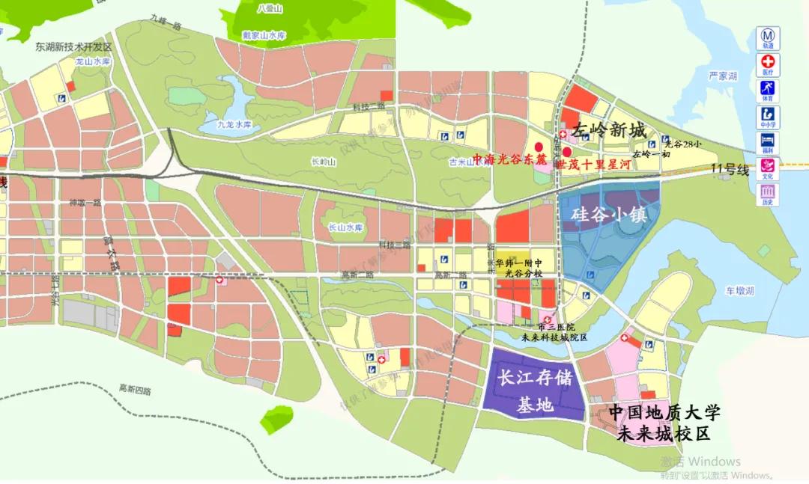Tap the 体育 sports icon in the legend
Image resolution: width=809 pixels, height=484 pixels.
(768, 88)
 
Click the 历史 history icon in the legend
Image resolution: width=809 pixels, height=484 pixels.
(768, 194)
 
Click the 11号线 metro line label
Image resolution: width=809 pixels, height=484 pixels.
(730, 170)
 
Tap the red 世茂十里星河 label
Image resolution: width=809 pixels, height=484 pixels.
(590, 163)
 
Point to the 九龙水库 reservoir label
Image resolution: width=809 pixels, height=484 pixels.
(233, 126)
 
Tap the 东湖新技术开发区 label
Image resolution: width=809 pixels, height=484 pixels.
(73, 46)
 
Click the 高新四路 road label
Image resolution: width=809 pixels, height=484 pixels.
(135, 389)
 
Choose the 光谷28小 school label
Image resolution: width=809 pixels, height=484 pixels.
(682, 144)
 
